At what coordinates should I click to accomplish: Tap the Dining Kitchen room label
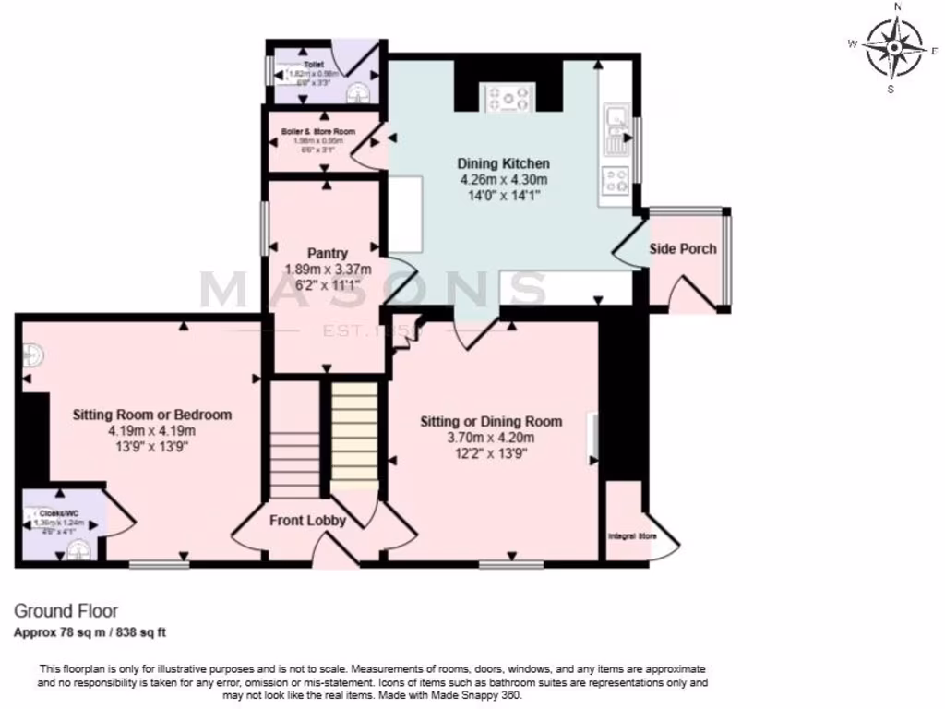[x=503, y=163]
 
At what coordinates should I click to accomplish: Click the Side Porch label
[x=683, y=248]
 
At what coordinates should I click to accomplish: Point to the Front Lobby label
[x=307, y=520]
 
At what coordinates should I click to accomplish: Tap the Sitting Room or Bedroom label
[x=152, y=415]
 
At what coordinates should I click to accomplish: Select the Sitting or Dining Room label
[x=491, y=421]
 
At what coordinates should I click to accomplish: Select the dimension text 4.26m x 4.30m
[x=503, y=179]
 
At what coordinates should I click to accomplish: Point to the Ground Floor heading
[x=66, y=610]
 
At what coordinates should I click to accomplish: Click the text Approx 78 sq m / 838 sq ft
[x=90, y=632]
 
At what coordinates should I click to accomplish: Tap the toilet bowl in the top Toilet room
[x=357, y=92]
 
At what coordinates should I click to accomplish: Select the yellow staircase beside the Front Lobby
[x=354, y=434]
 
